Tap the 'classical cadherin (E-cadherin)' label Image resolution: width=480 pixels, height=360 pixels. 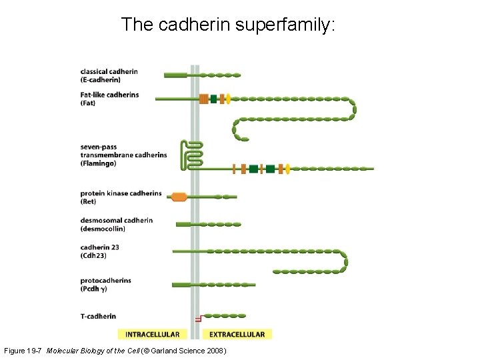(x=109, y=75)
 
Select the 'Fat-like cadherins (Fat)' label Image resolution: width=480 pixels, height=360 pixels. (x=109, y=99)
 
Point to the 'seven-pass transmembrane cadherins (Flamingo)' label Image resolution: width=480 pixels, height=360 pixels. (x=123, y=155)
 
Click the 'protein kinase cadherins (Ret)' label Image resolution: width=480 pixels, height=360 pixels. (x=121, y=197)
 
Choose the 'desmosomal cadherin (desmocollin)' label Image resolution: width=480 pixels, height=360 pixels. (x=116, y=224)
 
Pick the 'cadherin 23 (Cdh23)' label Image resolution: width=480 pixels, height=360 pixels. (x=100, y=251)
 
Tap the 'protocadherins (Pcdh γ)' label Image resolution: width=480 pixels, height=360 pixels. (x=105, y=285)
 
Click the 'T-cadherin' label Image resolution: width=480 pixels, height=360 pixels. (x=98, y=316)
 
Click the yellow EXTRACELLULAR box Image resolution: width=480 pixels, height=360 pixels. (x=237, y=334)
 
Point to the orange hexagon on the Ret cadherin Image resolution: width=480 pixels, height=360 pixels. (x=178, y=197)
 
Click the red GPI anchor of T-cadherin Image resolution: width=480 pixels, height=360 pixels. (x=197, y=317)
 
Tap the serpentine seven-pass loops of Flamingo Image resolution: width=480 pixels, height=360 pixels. (x=192, y=154)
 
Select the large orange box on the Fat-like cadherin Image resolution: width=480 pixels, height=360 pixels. (x=203, y=99)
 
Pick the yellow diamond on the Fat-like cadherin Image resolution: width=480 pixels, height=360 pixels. (x=228, y=99)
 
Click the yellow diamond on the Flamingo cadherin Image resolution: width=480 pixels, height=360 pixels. (x=287, y=169)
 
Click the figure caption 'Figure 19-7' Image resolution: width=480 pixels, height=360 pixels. (x=25, y=351)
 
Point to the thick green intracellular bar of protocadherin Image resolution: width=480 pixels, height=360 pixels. (x=181, y=285)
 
